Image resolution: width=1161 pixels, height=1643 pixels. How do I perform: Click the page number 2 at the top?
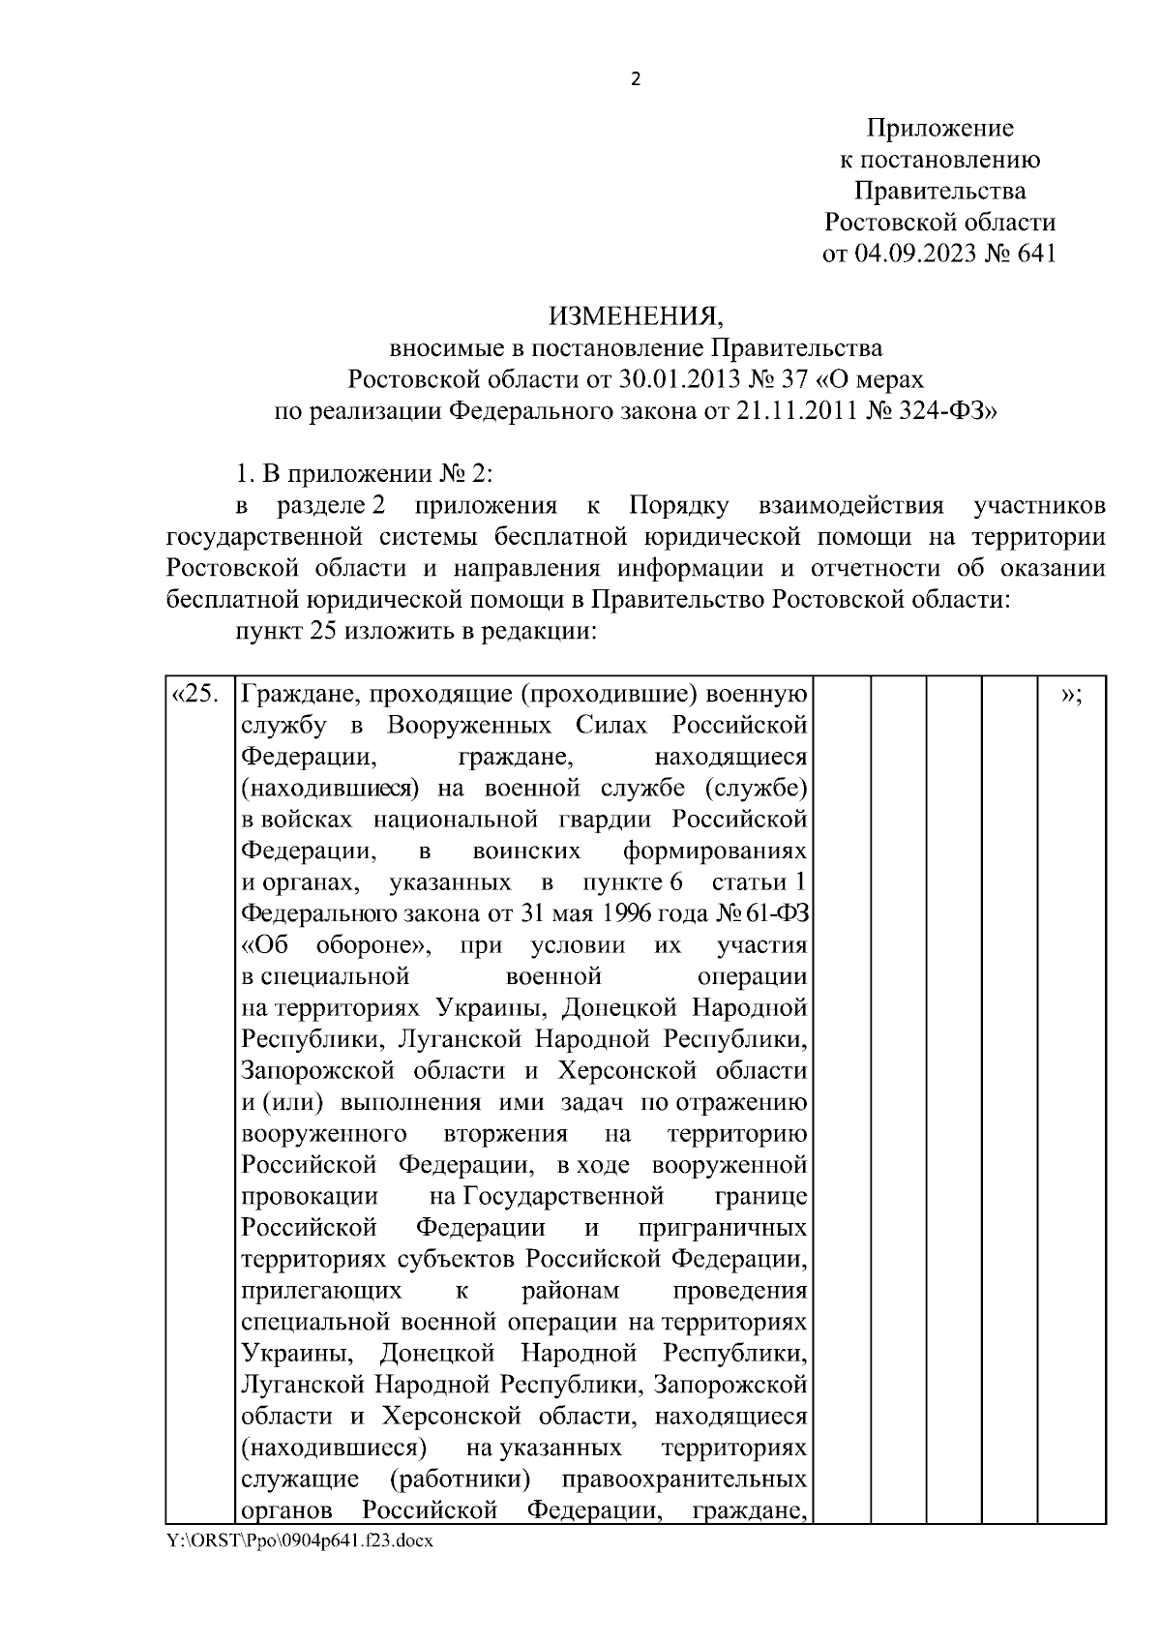pyautogui.click(x=636, y=80)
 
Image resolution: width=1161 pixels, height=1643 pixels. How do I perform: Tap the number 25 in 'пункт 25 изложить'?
pyautogui.click(x=323, y=631)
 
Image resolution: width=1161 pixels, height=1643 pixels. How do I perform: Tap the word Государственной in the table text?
pyautogui.click(x=564, y=1197)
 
